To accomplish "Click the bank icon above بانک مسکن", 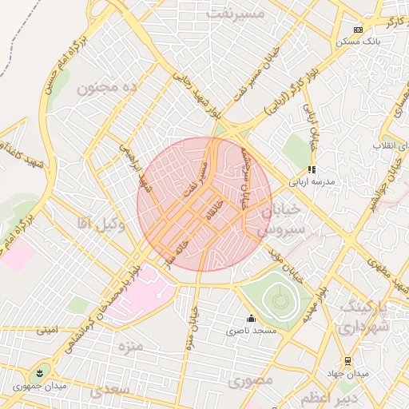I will click(x=358, y=30).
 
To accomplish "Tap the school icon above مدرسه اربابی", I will click(x=312, y=169).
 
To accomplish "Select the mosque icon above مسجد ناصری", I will click(x=251, y=318).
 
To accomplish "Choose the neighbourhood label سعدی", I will click(x=108, y=391).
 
